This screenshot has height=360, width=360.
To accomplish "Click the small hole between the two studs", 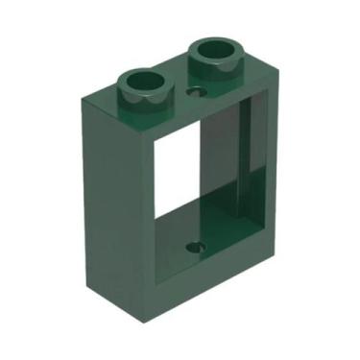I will (199, 93).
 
